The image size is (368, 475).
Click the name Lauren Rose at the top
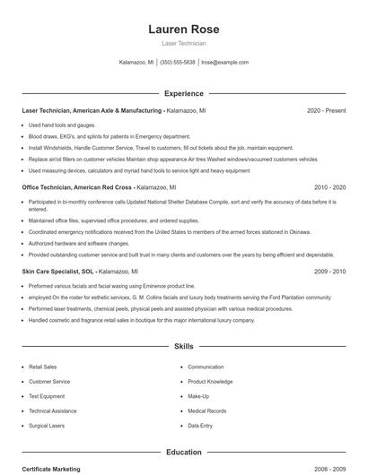click(183, 29)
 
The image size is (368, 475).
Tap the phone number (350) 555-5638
click(177, 63)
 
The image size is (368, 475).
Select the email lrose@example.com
click(224, 63)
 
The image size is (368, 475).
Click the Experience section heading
click(183, 93)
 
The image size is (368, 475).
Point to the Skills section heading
click(183, 346)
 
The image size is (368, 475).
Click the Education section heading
click(183, 453)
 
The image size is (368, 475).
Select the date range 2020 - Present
click(326, 111)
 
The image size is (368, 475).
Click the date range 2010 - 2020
click(329, 188)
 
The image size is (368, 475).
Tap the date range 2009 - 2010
click(329, 272)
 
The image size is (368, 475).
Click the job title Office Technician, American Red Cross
click(78, 188)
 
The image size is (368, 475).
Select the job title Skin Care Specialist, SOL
click(58, 272)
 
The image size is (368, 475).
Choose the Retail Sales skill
click(43, 367)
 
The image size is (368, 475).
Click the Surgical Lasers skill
click(47, 425)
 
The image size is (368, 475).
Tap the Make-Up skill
click(198, 396)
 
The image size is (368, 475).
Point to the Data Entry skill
click(200, 425)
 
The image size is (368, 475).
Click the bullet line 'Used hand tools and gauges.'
click(62, 125)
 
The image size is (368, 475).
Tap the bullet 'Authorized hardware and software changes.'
click(79, 243)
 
